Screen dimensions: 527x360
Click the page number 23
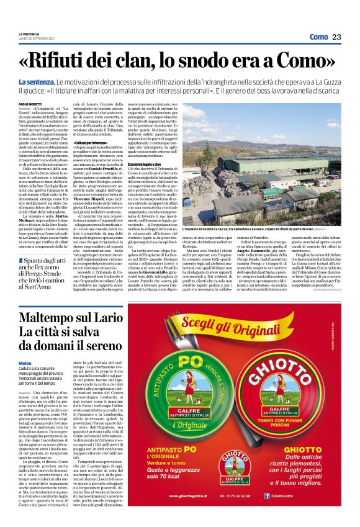coord(337,37)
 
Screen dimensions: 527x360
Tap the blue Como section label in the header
coord(318,37)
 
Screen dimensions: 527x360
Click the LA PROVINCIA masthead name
coord(29,34)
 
